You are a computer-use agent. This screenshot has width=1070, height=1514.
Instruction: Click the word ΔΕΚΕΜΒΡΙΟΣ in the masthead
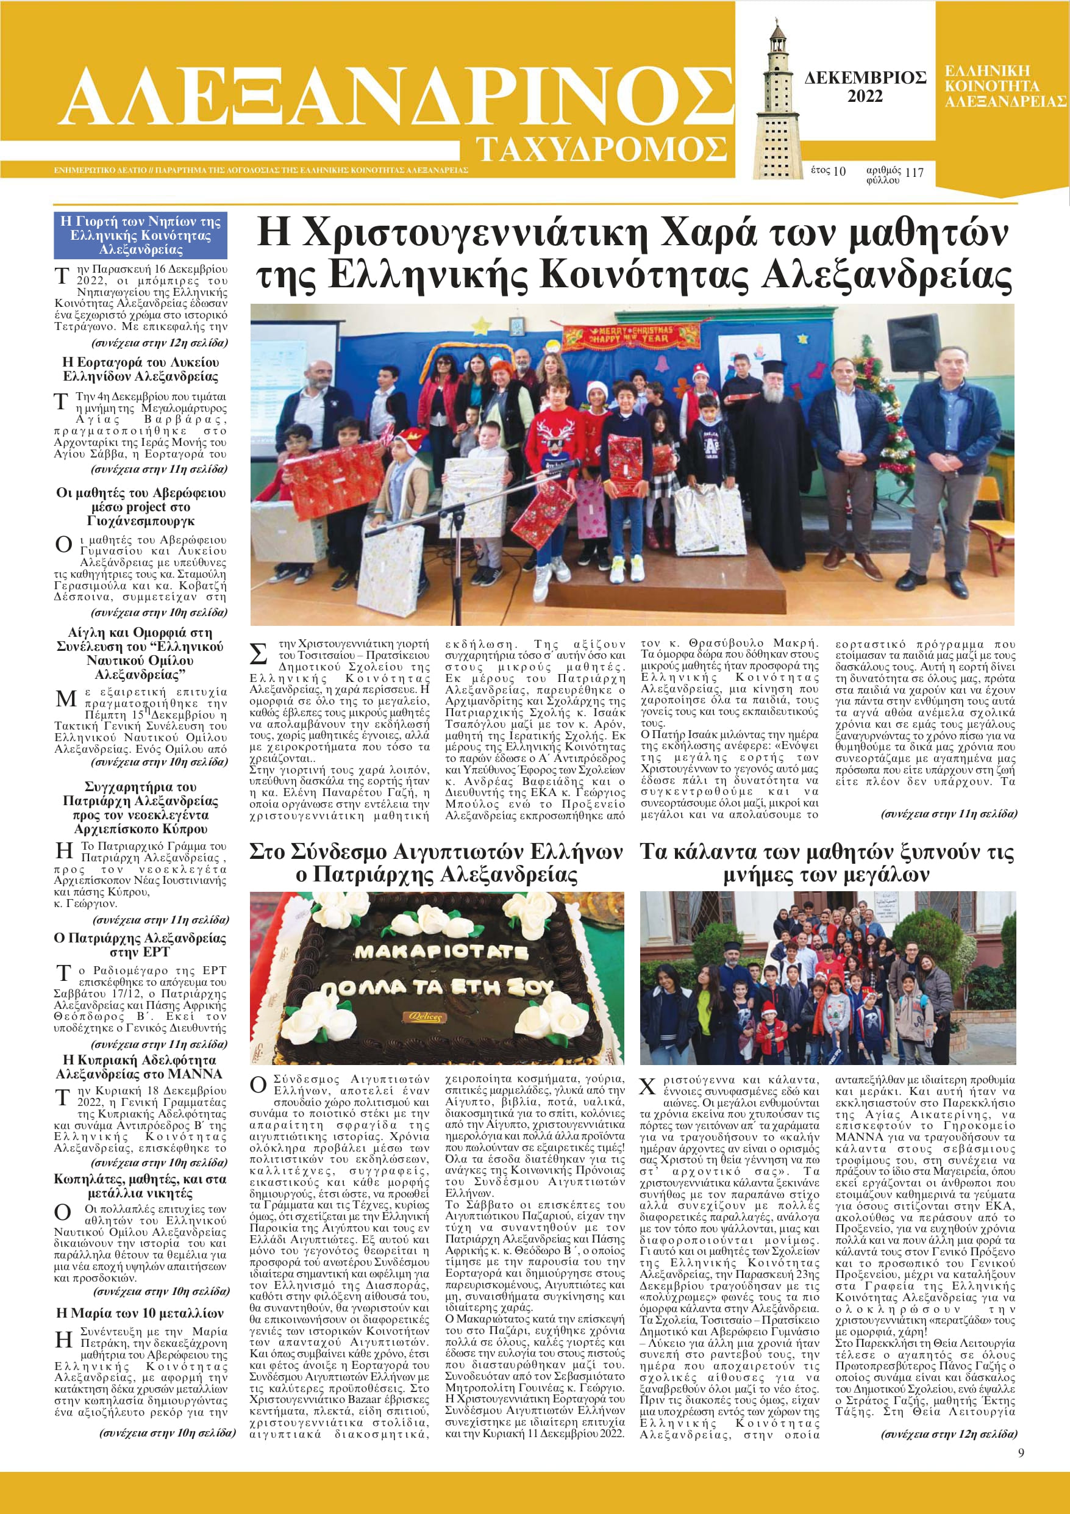pyautogui.click(x=865, y=79)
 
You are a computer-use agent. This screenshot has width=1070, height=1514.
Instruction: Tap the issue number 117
pyautogui.click(x=915, y=173)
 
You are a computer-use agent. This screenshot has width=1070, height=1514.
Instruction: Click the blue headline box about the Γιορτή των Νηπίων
pyautogui.click(x=140, y=235)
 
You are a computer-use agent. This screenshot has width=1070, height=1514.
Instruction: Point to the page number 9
pyautogui.click(x=1021, y=1452)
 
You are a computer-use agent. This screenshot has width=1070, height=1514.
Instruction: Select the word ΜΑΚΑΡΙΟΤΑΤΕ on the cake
pyautogui.click(x=441, y=952)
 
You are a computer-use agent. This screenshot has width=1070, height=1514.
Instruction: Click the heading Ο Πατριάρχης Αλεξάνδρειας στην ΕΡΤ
pyautogui.click(x=140, y=945)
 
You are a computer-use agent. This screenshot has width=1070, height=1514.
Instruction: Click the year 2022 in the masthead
pyautogui.click(x=865, y=97)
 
